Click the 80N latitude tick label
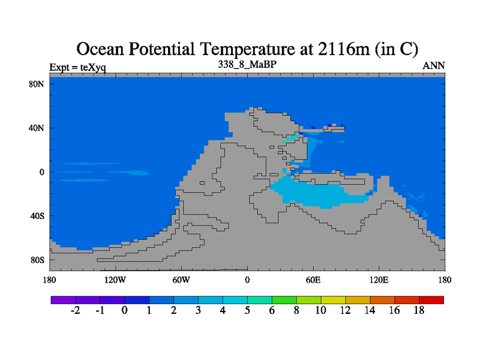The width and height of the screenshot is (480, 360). pos(37,84)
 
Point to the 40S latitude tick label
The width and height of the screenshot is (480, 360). pos(37,216)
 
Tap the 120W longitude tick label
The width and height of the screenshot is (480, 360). pos(115,280)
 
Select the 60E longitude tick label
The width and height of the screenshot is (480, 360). pos(313,280)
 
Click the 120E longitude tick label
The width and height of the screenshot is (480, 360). pos(379,280)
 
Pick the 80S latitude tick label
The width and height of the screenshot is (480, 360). pos(37,260)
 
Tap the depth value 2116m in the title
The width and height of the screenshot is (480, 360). pos(344,49)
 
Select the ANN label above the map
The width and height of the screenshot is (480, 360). pos(433,66)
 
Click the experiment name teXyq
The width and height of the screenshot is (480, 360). pos(93,67)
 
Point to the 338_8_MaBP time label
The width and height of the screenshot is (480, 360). pos(247,64)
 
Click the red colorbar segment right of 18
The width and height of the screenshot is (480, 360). pos(431,300)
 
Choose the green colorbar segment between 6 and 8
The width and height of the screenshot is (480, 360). pos(284,300)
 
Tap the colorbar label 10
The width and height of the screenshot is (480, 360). pos(320,310)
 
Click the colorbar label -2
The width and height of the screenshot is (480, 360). pos(76,310)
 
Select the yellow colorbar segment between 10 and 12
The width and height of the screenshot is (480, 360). pos(334,300)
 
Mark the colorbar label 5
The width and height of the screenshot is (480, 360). pos(247,310)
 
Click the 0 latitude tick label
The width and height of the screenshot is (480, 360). pos(41,172)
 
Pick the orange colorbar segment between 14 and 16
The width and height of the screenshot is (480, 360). pos(382,300)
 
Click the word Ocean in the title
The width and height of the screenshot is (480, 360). pos(100,49)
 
